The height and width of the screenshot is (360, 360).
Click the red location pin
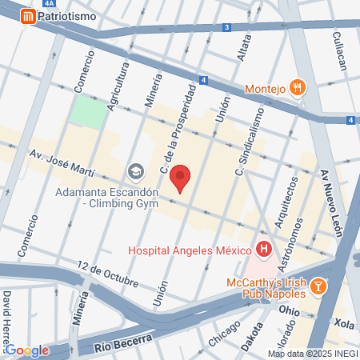[182, 178]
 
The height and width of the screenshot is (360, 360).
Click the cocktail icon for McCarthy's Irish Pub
[318, 286]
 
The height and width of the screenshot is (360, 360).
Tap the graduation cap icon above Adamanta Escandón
[135, 170]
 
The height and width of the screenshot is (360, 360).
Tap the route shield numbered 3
[227, 27]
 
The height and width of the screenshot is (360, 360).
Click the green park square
[88, 112]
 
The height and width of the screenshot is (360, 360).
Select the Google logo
[26, 350]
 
